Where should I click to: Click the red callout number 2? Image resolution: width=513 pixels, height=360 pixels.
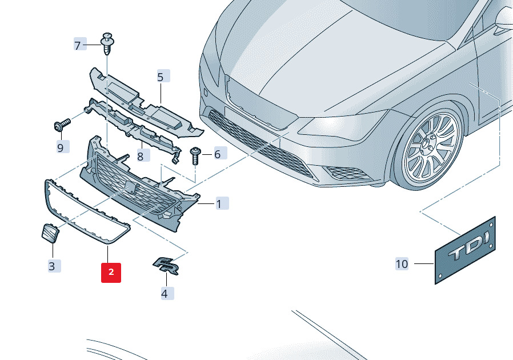[111, 273]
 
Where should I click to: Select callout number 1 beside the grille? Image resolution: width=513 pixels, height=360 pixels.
[219, 203]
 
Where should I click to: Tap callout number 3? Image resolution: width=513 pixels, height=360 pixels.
[53, 265]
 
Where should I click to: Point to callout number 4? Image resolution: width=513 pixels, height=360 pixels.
[165, 294]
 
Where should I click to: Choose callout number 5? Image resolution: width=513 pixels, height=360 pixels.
[161, 76]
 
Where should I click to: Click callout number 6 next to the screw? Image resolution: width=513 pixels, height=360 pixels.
[218, 154]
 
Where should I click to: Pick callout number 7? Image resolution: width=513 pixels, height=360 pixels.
[78, 45]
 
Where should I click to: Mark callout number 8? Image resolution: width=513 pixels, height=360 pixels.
[141, 155]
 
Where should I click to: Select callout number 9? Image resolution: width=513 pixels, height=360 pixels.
[61, 147]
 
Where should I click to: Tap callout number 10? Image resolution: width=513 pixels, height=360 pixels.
[402, 264]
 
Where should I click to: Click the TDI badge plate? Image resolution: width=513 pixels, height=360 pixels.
[466, 251]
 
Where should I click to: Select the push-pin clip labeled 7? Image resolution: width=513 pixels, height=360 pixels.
[109, 44]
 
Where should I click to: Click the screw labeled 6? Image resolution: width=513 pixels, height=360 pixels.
[195, 156]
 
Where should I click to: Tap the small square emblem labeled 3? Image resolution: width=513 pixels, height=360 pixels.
[50, 233]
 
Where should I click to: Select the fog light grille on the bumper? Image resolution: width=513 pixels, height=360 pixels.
[347, 172]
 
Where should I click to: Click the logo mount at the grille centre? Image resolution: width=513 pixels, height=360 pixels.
[131, 187]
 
